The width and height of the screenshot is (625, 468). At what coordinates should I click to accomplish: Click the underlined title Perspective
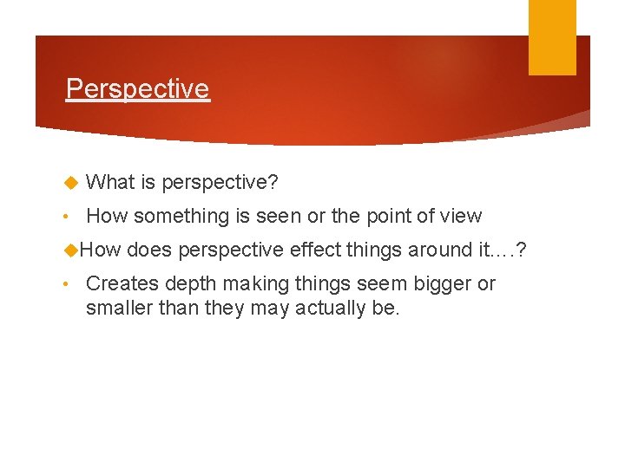click(137, 88)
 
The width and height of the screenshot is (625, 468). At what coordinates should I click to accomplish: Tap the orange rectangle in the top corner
click(552, 36)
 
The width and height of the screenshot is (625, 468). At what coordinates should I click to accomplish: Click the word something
click(181, 217)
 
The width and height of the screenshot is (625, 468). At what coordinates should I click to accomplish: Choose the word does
click(148, 250)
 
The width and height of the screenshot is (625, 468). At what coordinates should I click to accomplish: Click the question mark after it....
click(520, 250)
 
